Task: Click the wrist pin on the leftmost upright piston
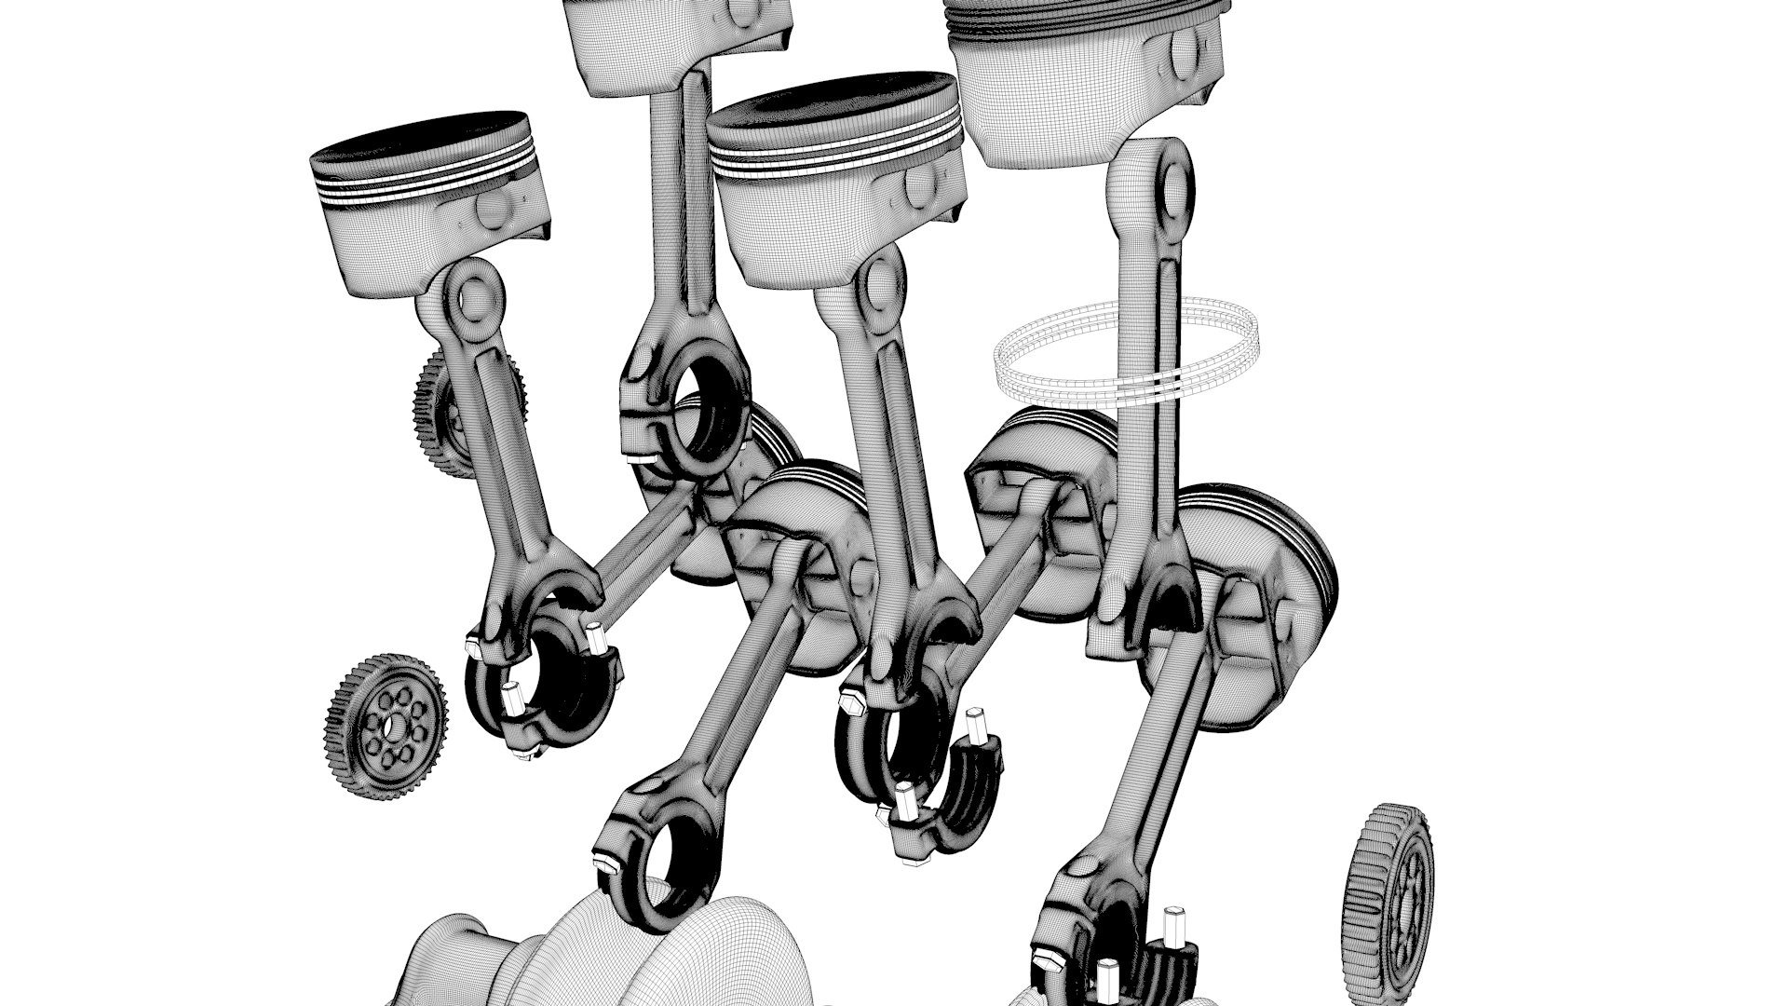pyautogui.click(x=491, y=211)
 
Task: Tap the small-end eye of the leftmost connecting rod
pyautogui.click(x=475, y=296)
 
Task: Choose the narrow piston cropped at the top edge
pyautogui.click(x=677, y=37)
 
